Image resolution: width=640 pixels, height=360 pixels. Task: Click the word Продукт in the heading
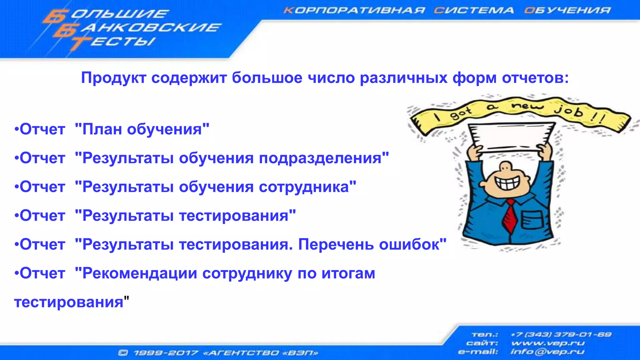(113, 78)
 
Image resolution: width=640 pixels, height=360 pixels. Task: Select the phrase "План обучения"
(142, 129)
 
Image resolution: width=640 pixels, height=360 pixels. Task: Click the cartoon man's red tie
(510, 217)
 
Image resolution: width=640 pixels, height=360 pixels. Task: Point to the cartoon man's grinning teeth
(507, 183)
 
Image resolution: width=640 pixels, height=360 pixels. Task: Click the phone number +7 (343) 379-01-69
(561, 335)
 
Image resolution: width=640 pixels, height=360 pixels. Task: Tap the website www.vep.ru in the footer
(548, 343)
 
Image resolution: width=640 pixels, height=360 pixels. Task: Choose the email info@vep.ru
(547, 352)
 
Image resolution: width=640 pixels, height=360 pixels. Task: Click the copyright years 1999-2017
(166, 353)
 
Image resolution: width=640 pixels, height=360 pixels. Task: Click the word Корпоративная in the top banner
(354, 10)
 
